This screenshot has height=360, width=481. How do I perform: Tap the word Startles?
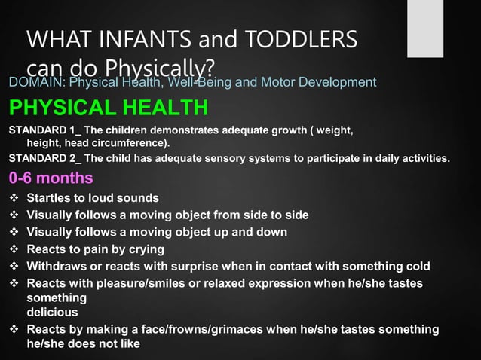point(51,198)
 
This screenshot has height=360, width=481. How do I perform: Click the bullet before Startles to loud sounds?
point(14,198)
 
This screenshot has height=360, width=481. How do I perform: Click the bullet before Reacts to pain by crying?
point(14,249)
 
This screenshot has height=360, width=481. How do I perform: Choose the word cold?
point(416,267)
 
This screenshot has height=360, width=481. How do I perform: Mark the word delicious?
point(52,311)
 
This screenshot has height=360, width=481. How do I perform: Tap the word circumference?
point(127,142)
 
